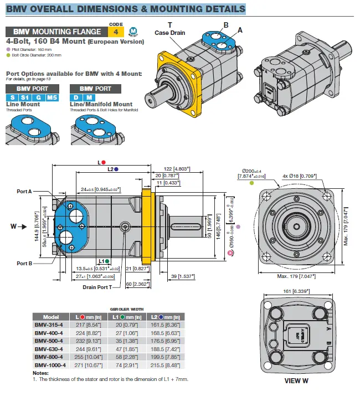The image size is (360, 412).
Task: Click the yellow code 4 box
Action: point(115,32)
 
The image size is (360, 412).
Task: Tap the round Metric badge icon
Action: point(132,32)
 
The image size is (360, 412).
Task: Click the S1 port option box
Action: point(25,97)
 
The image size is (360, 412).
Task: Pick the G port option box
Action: point(39,97)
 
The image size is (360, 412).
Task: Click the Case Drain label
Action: point(170,33)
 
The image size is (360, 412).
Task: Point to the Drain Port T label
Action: point(97,287)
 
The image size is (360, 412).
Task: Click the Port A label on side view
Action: point(24,192)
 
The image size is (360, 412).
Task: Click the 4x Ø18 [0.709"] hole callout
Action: point(299,176)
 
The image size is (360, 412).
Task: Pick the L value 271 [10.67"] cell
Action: point(90,365)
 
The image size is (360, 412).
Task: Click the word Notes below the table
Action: point(41,373)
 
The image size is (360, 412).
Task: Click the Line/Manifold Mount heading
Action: point(101,104)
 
